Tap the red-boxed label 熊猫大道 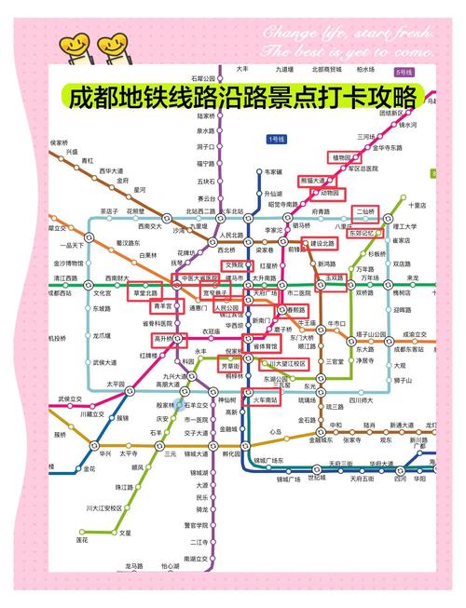pyautogui.click(x=313, y=180)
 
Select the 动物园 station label pyautogui.click(x=331, y=193)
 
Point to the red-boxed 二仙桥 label pyautogui.click(x=366, y=211)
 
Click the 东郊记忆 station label pyautogui.click(x=365, y=233)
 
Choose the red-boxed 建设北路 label pyautogui.click(x=322, y=243)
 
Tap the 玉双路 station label pyautogui.click(x=335, y=277)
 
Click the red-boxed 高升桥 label pyautogui.click(x=165, y=338)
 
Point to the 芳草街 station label pyautogui.click(x=231, y=366)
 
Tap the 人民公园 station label pyautogui.click(x=226, y=306)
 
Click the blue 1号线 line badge pyautogui.click(x=278, y=139)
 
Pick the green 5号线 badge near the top pyautogui.click(x=405, y=71)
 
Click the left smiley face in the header pyautogui.click(x=73, y=44)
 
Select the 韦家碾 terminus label pyautogui.click(x=272, y=172)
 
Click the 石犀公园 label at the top pyautogui.click(x=203, y=77)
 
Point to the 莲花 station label pyautogui.click(x=82, y=539)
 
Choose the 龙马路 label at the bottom pyautogui.click(x=134, y=565)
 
